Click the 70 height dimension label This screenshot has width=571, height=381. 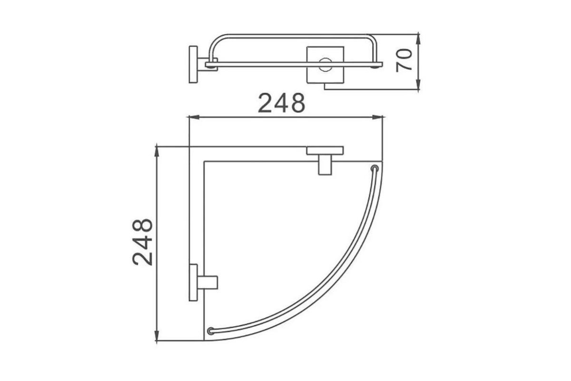404,60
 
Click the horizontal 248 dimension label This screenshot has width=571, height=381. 281,103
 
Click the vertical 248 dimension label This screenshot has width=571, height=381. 142,242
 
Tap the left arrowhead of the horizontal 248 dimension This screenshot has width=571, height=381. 194,117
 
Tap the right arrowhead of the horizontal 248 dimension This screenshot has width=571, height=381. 377,117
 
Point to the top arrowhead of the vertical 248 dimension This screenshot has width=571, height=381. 157,152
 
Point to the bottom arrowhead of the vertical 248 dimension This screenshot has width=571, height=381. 157,335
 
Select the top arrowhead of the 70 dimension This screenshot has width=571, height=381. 418,39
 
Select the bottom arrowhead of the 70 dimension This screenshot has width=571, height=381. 418,84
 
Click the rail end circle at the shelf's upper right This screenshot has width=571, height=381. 374,169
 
